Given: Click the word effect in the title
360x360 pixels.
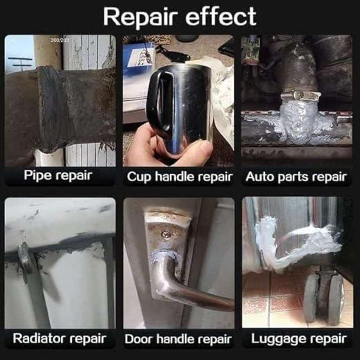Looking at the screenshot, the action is [221, 17].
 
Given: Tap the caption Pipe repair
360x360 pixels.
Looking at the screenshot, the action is [58, 176].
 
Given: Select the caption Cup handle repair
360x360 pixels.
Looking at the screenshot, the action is [180, 177].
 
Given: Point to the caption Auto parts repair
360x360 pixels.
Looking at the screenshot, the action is [296, 177].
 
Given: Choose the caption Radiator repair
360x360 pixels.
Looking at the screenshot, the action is [60, 339].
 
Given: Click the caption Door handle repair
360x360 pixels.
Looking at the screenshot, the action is [178, 339].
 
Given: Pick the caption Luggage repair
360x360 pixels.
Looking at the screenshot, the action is [299, 339].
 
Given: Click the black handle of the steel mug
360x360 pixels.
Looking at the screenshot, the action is [159, 101].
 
